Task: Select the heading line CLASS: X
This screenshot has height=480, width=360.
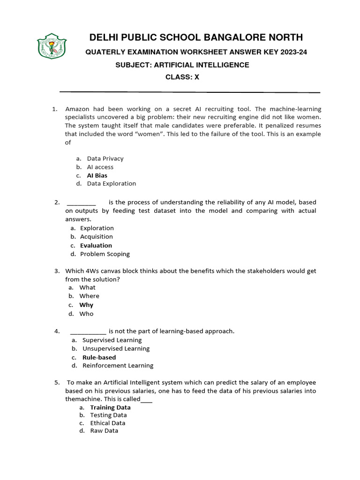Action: (182, 77)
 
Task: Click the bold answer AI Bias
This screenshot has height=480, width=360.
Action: (97, 175)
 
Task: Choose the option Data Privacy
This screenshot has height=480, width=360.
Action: (105, 158)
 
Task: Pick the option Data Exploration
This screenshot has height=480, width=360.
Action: (112, 184)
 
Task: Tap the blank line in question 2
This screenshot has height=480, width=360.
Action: (82, 203)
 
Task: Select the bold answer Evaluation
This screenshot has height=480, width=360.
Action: (96, 245)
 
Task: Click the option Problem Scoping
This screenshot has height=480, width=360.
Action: (105, 254)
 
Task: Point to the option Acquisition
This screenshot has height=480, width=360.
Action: (97, 237)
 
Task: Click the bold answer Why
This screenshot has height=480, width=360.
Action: (86, 305)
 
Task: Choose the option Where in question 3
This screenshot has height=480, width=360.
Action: (89, 296)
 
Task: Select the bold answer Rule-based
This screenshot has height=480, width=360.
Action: (99, 357)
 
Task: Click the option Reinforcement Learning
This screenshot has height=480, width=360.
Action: (118, 366)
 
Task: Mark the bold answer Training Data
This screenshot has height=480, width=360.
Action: (110, 407)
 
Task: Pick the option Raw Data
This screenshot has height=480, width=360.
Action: (104, 430)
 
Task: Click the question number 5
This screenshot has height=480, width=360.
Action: (57, 382)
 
